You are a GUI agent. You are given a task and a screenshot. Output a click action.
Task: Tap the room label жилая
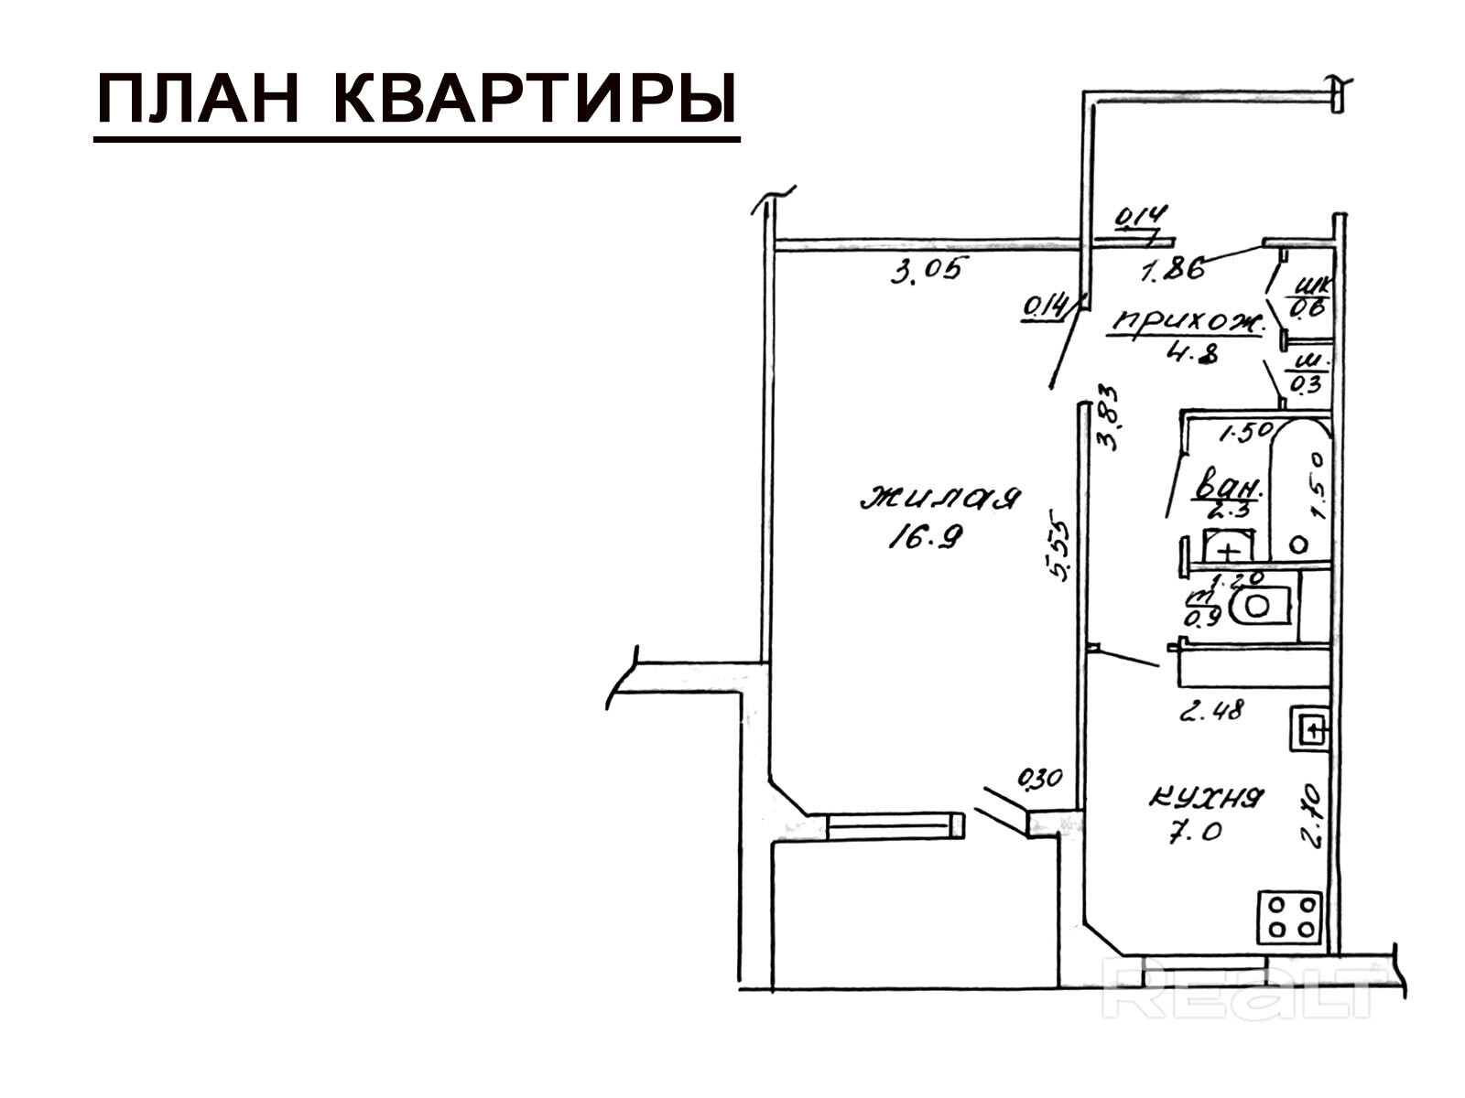(x=940, y=499)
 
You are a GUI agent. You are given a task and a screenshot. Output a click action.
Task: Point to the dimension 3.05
(x=927, y=271)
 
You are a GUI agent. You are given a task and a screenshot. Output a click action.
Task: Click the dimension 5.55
(x=1059, y=551)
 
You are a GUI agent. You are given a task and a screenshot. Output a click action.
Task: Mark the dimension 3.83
(x=1109, y=416)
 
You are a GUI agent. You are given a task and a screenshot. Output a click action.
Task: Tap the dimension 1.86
(x=1171, y=270)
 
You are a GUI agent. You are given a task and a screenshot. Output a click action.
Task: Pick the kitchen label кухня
(x=1206, y=798)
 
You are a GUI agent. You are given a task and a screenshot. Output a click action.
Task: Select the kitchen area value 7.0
(x=1195, y=834)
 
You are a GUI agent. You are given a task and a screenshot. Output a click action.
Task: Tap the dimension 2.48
(x=1211, y=710)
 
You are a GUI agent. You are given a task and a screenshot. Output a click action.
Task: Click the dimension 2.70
(x=1312, y=814)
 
